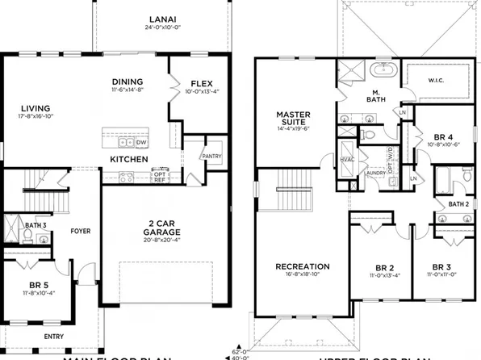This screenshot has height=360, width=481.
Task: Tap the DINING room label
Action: (x=128, y=82)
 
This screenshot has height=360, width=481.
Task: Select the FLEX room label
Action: (x=202, y=83)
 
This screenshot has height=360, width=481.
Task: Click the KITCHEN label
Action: (x=129, y=160)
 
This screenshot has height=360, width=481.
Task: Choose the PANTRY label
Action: (x=211, y=155)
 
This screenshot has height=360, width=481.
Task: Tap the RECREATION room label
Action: (x=302, y=266)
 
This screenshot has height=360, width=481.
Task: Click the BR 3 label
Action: (x=441, y=267)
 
